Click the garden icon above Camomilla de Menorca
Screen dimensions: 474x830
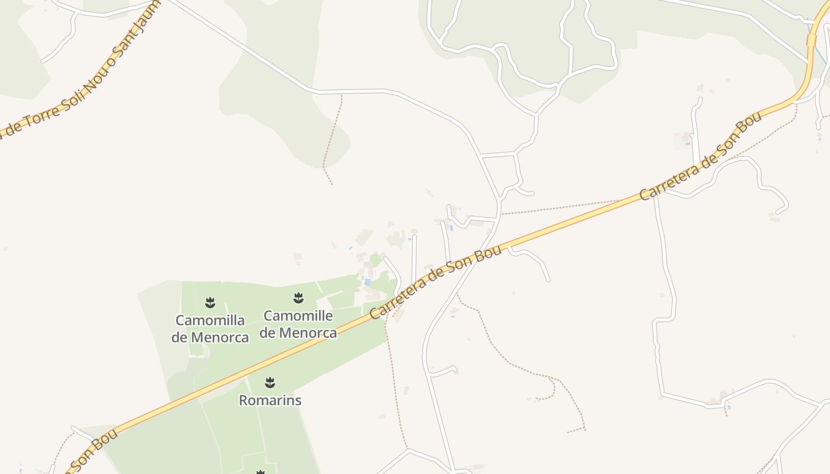click(x=210, y=303)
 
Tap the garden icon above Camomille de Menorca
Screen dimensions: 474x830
click(x=298, y=297)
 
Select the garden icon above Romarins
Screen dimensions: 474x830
click(x=270, y=382)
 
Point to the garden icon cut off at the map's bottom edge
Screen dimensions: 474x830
click(x=260, y=472)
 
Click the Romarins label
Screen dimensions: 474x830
click(x=270, y=401)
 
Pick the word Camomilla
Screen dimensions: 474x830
click(x=210, y=321)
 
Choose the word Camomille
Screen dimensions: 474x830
click(x=298, y=315)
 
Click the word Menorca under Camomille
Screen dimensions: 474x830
click(x=308, y=333)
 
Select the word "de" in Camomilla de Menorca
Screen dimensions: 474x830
click(x=180, y=338)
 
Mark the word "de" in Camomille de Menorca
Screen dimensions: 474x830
click(x=268, y=333)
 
